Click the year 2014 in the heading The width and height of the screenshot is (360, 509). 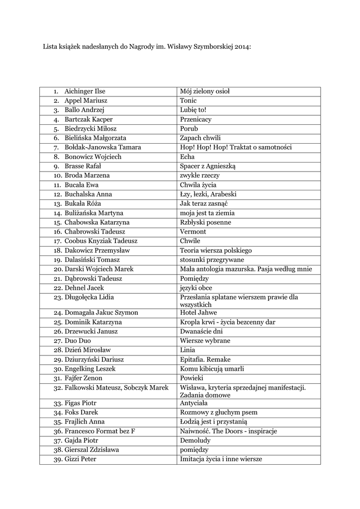point(242,48)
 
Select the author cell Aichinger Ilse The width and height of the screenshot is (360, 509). point(85,91)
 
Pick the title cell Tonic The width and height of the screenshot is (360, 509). point(188,101)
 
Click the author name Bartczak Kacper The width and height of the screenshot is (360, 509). point(89,119)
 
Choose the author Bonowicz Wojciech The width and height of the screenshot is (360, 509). point(93,157)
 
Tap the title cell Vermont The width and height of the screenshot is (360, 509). point(193,232)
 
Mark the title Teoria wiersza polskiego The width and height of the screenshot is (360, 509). point(216,251)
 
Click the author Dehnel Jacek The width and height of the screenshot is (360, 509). point(85,288)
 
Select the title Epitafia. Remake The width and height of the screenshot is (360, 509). point(205,359)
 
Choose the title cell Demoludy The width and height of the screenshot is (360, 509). point(195,440)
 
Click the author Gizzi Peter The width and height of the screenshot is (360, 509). point(80,459)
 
